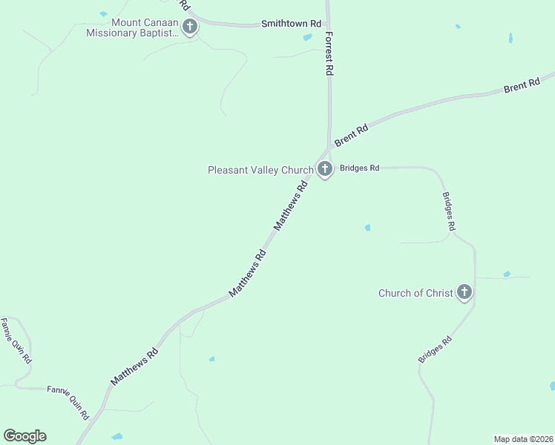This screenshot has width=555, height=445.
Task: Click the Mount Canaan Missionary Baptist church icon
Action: (190, 28)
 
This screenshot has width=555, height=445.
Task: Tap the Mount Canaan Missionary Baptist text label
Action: (133, 27)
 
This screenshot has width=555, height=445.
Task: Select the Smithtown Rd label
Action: (291, 24)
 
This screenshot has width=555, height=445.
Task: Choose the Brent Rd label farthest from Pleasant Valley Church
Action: (522, 86)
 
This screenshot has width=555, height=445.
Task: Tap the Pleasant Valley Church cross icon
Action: (324, 170)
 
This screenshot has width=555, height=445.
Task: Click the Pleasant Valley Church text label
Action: (260, 170)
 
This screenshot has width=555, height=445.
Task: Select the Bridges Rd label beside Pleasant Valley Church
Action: (359, 168)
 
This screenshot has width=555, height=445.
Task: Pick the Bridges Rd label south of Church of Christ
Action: (436, 350)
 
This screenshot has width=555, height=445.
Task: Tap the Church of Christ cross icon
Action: (464, 292)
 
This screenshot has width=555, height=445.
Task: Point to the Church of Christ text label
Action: (416, 293)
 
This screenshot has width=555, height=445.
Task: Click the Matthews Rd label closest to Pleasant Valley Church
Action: (291, 206)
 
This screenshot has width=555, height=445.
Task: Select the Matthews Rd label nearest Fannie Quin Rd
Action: (135, 366)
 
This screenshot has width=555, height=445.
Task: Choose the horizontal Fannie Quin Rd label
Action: (68, 390)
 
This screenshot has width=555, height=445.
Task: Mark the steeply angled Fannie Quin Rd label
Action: (16, 340)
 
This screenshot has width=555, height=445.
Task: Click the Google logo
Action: (24, 436)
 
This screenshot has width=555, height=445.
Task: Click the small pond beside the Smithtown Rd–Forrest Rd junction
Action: (307, 37)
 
